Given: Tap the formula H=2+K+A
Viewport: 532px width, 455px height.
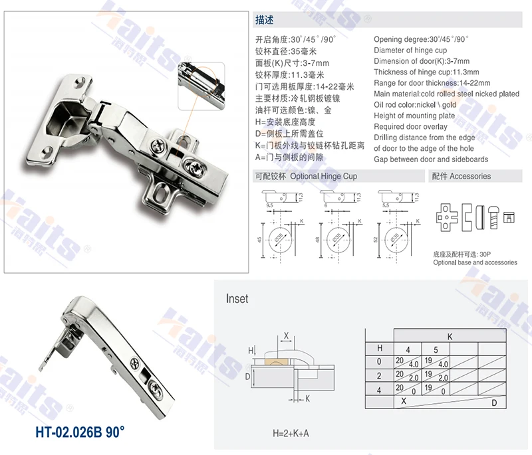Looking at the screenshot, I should click(291, 434).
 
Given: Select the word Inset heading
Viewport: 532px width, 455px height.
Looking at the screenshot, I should click(237, 299).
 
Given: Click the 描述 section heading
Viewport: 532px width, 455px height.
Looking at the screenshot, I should click(264, 21).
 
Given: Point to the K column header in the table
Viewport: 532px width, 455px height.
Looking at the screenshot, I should click(450, 337).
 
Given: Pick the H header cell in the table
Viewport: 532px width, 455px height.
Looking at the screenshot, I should click(380, 347).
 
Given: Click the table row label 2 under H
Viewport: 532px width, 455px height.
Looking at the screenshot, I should click(380, 375).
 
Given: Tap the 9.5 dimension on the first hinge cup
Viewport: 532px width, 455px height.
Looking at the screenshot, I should click(270, 207).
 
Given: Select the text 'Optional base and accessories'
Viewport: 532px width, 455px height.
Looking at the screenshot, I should click(475, 262).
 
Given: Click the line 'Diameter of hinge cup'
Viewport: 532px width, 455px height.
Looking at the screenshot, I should click(410, 50).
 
